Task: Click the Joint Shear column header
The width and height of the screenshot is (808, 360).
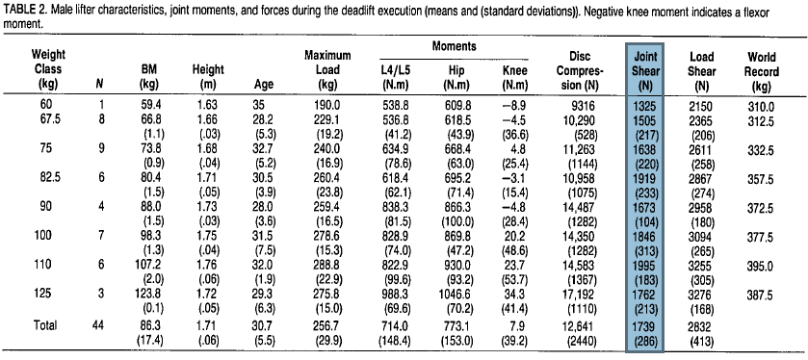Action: [x=646, y=70]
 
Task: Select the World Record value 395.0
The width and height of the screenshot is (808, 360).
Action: [x=762, y=262]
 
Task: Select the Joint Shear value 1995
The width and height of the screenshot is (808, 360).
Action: [x=646, y=262]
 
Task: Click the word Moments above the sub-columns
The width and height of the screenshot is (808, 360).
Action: [x=456, y=47]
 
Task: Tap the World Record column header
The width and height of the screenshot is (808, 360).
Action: [x=762, y=70]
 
